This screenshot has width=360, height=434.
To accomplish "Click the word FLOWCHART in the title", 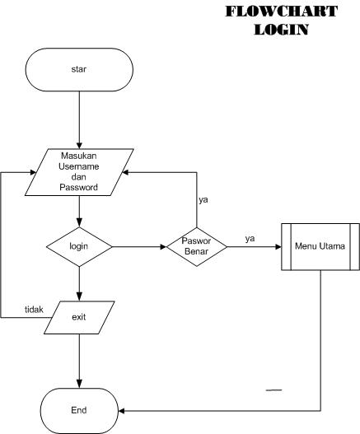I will coord(281,12).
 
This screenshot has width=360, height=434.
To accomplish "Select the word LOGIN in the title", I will coord(281,30).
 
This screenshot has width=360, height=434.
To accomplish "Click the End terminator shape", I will coord(79,409).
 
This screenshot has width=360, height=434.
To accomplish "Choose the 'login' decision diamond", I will coord(79,246).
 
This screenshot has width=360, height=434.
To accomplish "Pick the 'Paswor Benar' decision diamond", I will coord(197,246).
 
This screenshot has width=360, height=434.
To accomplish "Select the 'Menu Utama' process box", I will coord(320,245).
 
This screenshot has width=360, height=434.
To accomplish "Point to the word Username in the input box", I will coord(79,167).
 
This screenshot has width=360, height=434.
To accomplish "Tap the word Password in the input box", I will coord(79,188).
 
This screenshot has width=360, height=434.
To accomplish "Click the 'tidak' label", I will coord(33,309).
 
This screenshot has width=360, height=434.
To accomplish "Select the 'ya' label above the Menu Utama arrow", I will coord(250,238).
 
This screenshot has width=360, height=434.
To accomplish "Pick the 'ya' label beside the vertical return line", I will coord(203,200).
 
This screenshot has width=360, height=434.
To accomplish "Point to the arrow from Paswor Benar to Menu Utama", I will coord(255,246).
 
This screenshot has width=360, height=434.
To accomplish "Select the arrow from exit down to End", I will coord(79,358).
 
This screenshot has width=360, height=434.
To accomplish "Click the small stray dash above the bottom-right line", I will coord(274,389).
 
